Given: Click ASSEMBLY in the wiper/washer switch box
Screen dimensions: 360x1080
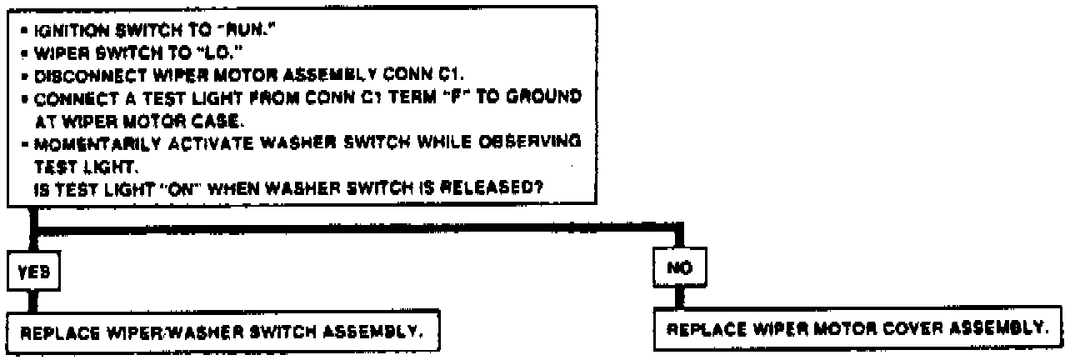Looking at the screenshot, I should coord(381,334).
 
